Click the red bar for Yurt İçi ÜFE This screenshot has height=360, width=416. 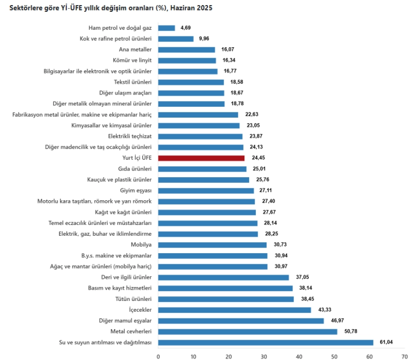coord(201,158)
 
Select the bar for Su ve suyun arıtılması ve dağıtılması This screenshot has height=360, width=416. coord(266,343)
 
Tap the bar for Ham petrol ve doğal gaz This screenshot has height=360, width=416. coord(166,28)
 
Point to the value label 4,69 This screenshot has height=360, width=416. coord(185,28)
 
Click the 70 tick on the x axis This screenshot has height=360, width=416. coord(404,355)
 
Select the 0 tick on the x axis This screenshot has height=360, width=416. coord(158,355)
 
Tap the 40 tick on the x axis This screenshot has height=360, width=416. coord(299,355)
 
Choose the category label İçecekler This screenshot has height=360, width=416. coord(140,310)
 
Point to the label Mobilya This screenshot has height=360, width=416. coord(141,245)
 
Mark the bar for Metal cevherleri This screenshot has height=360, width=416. coord(248,332)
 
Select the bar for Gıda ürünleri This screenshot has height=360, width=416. coord(202,169)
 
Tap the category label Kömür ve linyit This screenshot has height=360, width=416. coord(132,60)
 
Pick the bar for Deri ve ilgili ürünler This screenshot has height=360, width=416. coord(224,277)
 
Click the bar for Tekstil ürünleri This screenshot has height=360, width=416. coord(191,82)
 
